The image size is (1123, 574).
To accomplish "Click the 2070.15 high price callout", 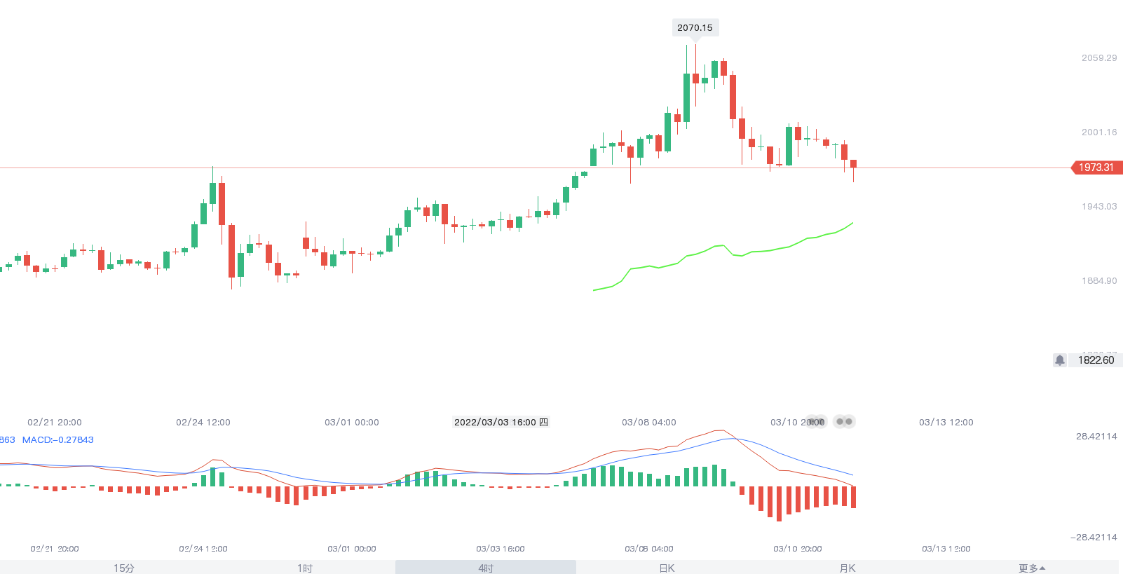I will pyautogui.click(x=695, y=28).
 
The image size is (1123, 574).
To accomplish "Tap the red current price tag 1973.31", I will pyautogui.click(x=1096, y=168).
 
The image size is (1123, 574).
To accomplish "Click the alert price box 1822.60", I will pyautogui.click(x=1096, y=360).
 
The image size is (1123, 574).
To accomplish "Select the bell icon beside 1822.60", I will pyautogui.click(x=1060, y=360).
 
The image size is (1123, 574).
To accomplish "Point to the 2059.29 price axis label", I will pyautogui.click(x=1098, y=58).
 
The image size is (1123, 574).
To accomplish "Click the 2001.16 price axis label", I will pyautogui.click(x=1098, y=132).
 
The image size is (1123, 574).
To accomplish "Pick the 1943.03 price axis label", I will pyautogui.click(x=1098, y=207).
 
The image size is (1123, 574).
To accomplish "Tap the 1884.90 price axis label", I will pyautogui.click(x=1098, y=281).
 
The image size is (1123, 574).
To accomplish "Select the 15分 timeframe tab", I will pyautogui.click(x=124, y=568).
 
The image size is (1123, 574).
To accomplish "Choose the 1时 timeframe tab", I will pyautogui.click(x=305, y=568).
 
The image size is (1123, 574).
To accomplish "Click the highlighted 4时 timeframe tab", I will pyautogui.click(x=486, y=568).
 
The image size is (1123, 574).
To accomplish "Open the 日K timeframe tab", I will pyautogui.click(x=667, y=568).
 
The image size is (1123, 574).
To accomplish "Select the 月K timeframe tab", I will pyautogui.click(x=848, y=568).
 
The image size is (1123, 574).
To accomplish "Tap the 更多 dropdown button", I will pyautogui.click(x=1031, y=568).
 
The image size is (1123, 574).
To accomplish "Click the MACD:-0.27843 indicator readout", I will pyautogui.click(x=58, y=440).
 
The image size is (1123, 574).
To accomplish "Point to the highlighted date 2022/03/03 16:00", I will pyautogui.click(x=501, y=422).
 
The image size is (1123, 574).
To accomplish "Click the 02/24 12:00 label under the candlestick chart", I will pyautogui.click(x=203, y=423).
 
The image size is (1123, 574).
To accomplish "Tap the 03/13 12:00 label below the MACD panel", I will pyautogui.click(x=946, y=549).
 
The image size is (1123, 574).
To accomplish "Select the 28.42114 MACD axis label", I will pyautogui.click(x=1096, y=437).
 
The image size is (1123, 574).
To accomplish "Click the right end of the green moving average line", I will pyautogui.click(x=852, y=224).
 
